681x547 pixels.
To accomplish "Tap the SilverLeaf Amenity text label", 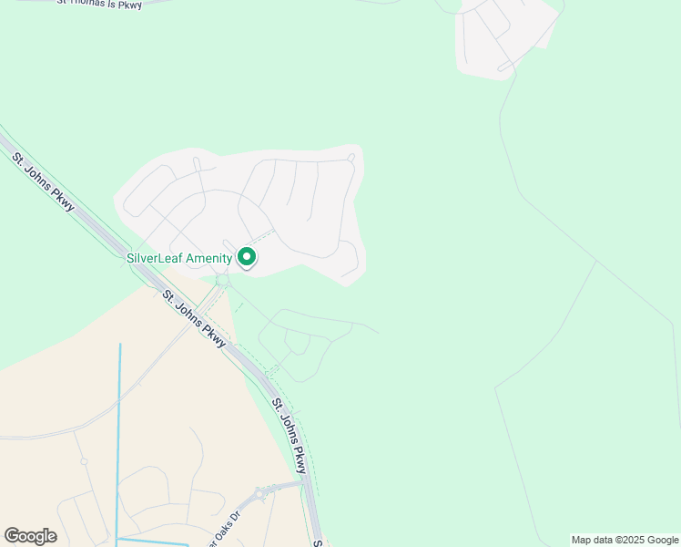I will (x=179, y=259).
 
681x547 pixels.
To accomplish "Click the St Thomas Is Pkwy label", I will (x=100, y=4).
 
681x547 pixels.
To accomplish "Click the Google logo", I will (x=30, y=536).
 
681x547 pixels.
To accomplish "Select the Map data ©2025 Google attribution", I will (x=625, y=540).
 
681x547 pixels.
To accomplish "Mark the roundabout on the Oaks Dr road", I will (x=261, y=494).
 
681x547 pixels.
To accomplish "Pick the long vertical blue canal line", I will (x=118, y=438).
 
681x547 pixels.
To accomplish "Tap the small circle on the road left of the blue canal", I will (x=84, y=461).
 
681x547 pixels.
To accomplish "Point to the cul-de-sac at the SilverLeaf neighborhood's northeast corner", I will (x=351, y=158).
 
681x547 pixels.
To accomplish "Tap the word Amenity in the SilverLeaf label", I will (x=208, y=259).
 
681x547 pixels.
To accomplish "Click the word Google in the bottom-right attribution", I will (x=661, y=540).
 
